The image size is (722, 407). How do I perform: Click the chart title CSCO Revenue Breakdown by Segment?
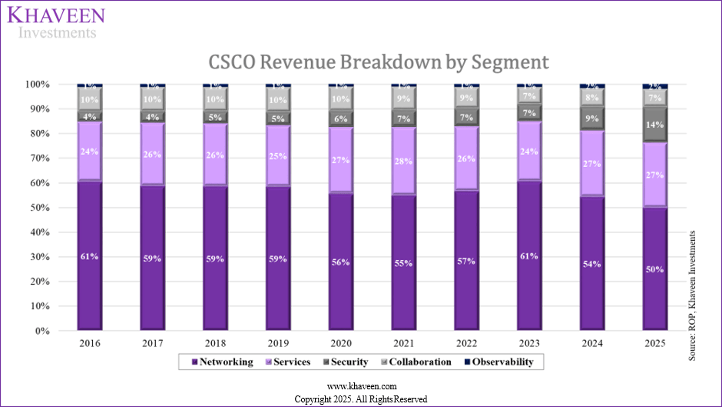click(368, 62)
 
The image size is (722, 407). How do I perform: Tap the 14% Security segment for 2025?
click(655, 125)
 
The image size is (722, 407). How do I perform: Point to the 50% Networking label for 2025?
click(655, 269)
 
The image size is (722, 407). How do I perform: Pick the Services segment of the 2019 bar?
click(278, 156)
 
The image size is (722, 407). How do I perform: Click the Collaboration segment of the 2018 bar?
click(215, 99)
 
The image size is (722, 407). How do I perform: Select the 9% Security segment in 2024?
click(592, 118)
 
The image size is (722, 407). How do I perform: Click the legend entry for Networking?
click(222, 362)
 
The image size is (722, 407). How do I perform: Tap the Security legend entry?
click(345, 362)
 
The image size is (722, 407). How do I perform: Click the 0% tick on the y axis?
click(61, 332)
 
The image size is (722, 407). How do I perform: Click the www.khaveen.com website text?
click(361, 386)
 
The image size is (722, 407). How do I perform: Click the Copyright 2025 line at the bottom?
click(361, 399)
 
